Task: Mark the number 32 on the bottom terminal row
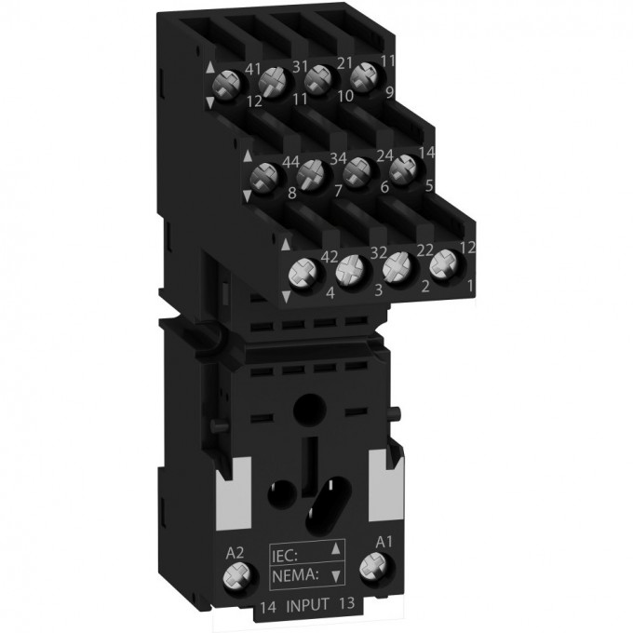click(x=379, y=252)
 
